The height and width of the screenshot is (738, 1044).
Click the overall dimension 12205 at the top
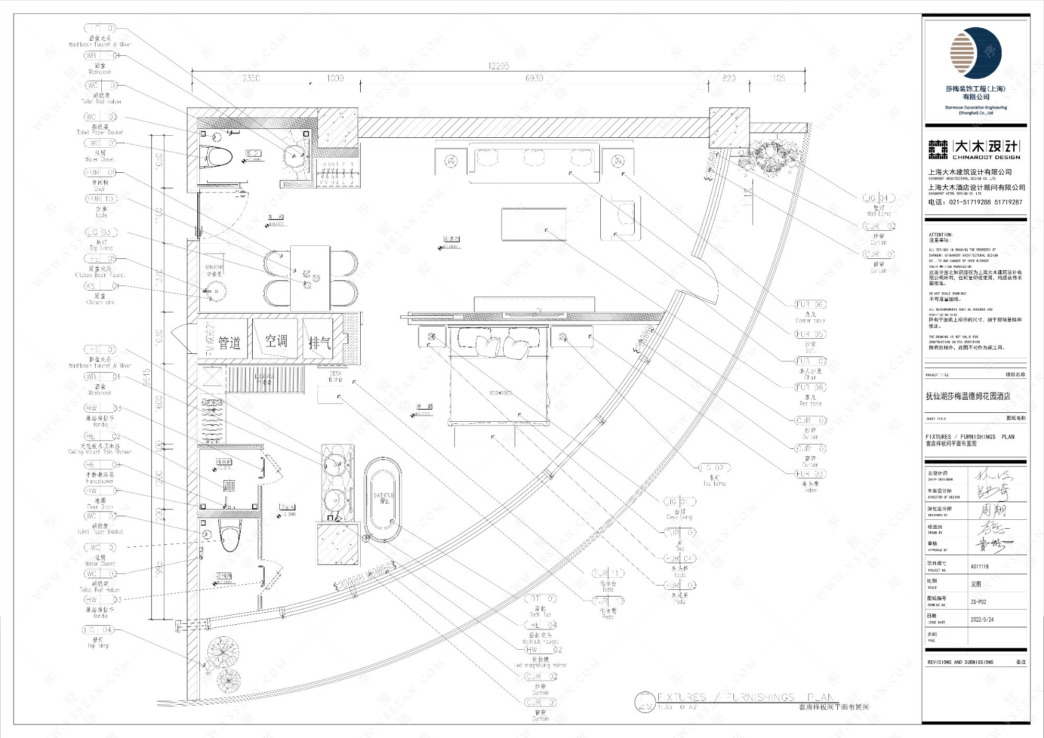(499, 66)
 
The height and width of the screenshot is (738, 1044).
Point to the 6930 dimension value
(534, 78)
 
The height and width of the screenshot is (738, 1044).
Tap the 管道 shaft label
(229, 343)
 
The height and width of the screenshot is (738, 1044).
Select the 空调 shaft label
(276, 341)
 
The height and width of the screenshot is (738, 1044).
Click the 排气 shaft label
(319, 343)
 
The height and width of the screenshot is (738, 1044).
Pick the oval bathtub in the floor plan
(383, 499)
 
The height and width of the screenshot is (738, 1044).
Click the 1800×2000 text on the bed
(500, 392)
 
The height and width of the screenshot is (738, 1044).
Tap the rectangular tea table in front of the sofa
(533, 224)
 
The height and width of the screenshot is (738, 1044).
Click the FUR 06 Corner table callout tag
(810, 304)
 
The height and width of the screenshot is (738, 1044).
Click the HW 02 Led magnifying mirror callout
(543, 650)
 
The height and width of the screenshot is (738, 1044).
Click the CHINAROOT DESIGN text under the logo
(986, 157)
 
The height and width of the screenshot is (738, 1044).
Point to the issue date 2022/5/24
(982, 620)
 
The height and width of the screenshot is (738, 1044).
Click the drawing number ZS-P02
(978, 601)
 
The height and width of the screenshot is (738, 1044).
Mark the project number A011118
(979, 566)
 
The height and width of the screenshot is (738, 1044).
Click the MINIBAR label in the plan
(214, 267)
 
